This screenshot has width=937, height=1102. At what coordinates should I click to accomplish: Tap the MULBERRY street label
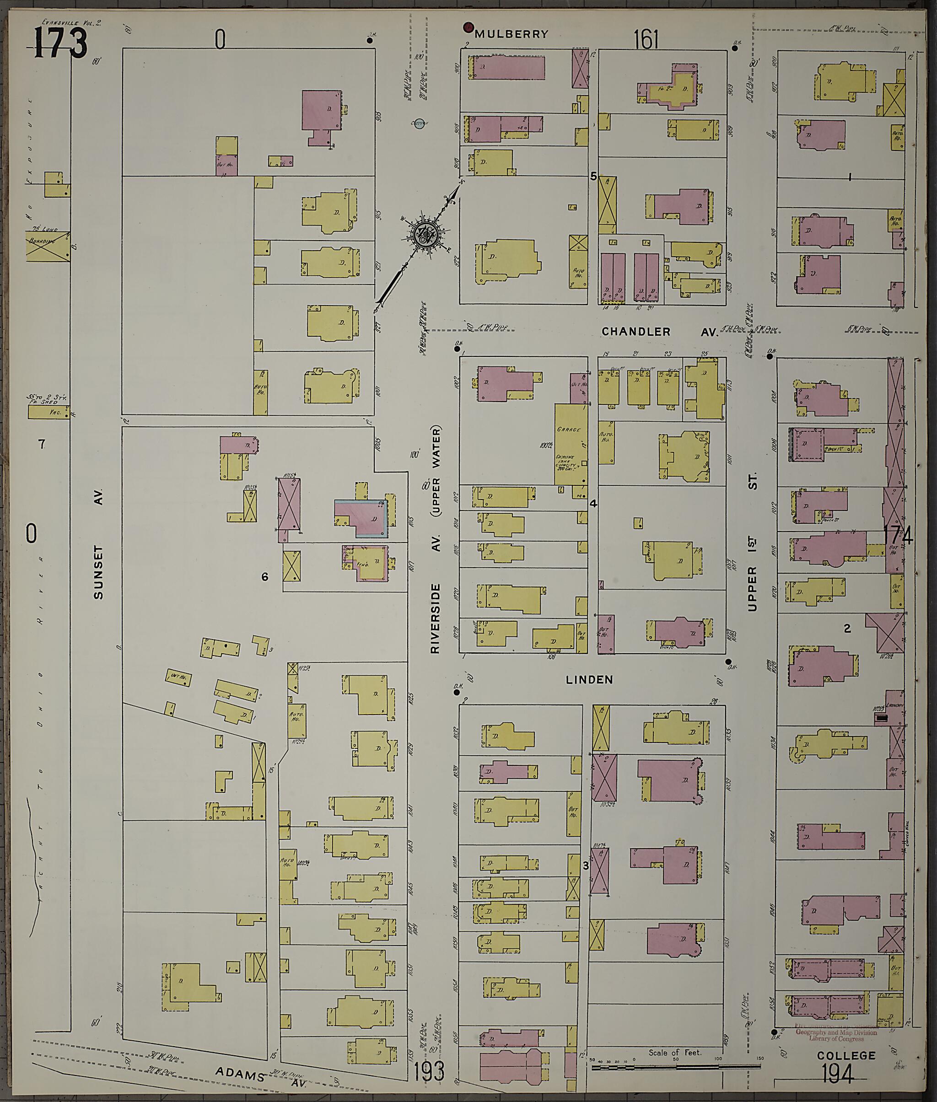pos(511,34)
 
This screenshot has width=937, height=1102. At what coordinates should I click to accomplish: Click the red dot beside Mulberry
pos(468,26)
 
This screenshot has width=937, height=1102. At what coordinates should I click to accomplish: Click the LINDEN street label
pos(589,680)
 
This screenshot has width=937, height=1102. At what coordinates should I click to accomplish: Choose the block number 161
pos(646,40)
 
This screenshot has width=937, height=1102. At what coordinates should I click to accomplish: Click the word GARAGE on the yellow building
pos(568,429)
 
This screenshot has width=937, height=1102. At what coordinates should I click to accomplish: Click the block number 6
pos(264,577)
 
